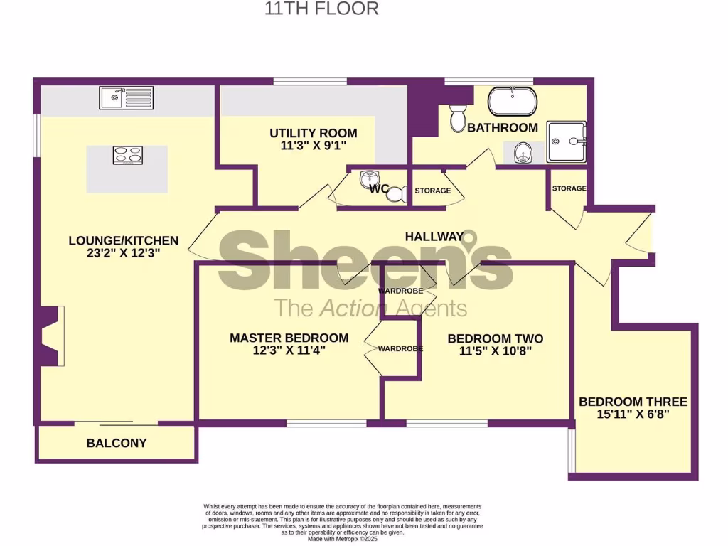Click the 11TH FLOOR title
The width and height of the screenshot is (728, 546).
pos(321,9)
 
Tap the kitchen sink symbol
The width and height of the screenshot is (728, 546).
pos(126,97)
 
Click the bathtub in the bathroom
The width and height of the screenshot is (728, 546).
pos(512,102)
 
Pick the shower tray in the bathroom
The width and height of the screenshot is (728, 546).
pos(567,142)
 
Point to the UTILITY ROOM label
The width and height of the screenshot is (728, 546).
pos(313,133)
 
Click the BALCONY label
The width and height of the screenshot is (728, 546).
pos(117,443)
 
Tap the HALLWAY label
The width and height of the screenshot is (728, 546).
pos(434,236)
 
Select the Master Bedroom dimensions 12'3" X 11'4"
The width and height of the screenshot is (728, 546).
pos(289,350)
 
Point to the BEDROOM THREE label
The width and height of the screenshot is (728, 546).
pos(633,402)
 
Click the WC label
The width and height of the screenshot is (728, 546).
pos(379,189)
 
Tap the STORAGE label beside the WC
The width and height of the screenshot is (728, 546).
pos(432,191)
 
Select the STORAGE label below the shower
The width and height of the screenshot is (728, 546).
pos(569,188)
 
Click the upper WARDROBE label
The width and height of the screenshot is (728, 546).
pos(400,291)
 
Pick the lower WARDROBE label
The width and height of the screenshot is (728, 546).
pos(400,348)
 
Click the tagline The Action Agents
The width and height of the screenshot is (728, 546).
pos(370,308)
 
